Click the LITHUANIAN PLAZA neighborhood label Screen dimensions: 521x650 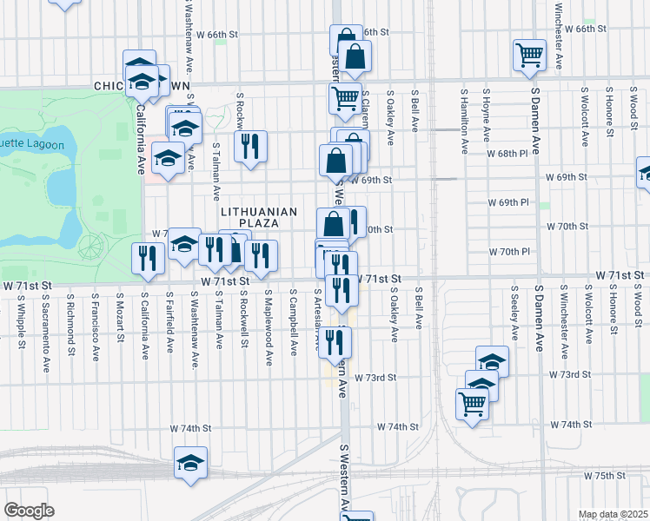pyautogui.click(x=259, y=217)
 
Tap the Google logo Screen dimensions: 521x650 pyautogui.click(x=29, y=511)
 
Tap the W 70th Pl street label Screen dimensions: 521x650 pyautogui.click(x=514, y=252)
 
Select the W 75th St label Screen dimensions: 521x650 pyautogui.click(x=605, y=476)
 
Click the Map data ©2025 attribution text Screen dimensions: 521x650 pyautogui.click(x=613, y=514)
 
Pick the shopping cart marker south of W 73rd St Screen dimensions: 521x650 pyautogui.click(x=472, y=402)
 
